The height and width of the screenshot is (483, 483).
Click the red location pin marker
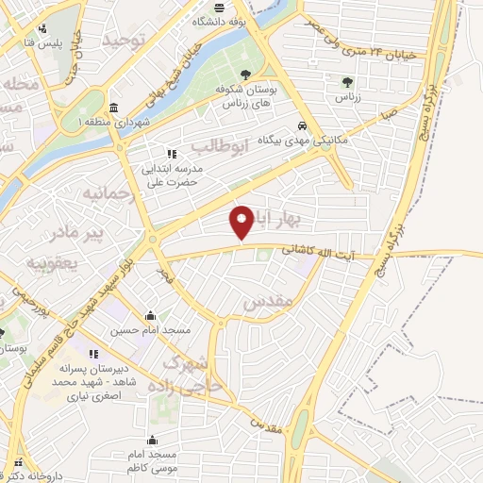pyautogui.click(x=242, y=222)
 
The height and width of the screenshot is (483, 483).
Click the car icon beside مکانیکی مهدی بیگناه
pyautogui.click(x=301, y=125)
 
